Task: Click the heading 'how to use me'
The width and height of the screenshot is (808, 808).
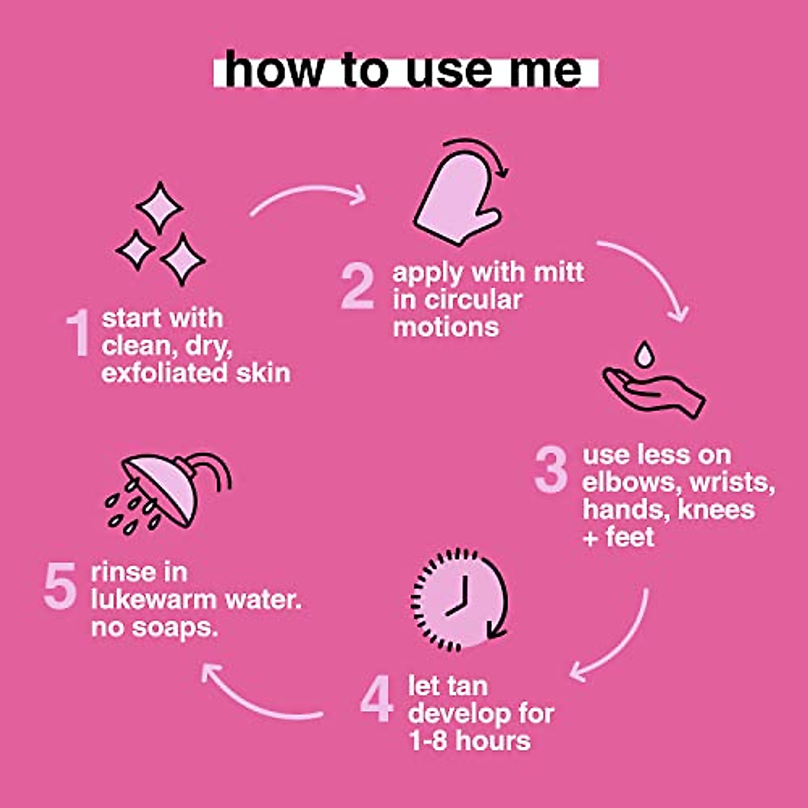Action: [x=404, y=69]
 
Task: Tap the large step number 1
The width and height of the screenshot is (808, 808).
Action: [x=78, y=332]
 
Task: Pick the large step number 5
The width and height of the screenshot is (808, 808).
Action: [x=60, y=585]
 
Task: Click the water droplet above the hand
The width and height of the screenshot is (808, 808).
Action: [x=644, y=354]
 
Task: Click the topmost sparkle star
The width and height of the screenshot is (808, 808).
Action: [x=159, y=207]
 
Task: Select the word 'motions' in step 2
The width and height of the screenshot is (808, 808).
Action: [x=446, y=327]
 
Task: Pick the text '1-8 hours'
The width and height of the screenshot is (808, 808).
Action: [x=469, y=741]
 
